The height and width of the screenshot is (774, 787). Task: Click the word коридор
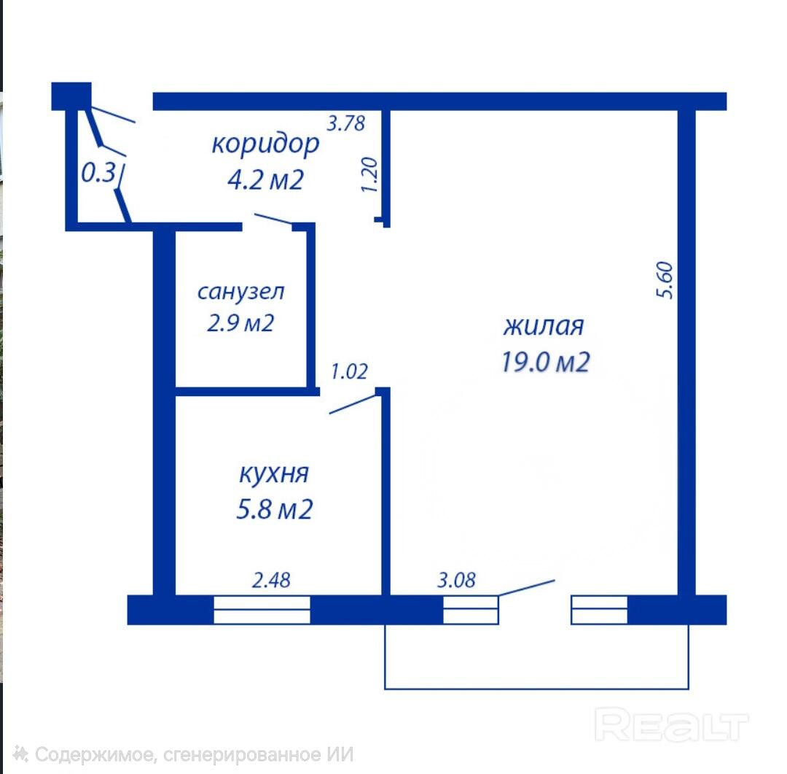(x=265, y=145)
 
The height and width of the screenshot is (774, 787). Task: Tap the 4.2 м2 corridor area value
(x=265, y=179)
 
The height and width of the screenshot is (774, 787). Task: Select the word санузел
(x=241, y=292)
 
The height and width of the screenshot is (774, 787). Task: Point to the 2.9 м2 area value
(x=240, y=323)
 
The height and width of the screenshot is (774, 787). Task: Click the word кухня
(x=274, y=473)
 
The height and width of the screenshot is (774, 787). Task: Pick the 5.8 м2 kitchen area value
(x=275, y=508)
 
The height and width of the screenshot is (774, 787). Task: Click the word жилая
(x=544, y=326)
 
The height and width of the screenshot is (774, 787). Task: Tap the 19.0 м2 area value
(x=546, y=362)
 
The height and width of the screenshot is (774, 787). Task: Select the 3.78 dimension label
(x=346, y=123)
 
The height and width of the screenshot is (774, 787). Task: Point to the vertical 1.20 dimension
(x=369, y=174)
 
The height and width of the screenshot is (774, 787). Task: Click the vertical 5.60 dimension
(x=665, y=280)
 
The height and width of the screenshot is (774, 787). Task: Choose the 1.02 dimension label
(x=349, y=371)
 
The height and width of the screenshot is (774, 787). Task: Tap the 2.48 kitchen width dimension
(x=271, y=580)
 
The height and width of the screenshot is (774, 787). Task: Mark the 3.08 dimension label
(x=456, y=580)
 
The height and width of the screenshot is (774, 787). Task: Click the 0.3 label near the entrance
(x=99, y=173)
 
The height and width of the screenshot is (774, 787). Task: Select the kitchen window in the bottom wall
(x=262, y=610)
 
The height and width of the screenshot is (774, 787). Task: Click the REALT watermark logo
(x=671, y=724)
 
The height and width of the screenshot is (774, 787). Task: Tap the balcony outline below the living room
(x=536, y=689)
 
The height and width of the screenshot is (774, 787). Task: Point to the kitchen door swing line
(x=353, y=404)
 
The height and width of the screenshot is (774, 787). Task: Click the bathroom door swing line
(x=273, y=219)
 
